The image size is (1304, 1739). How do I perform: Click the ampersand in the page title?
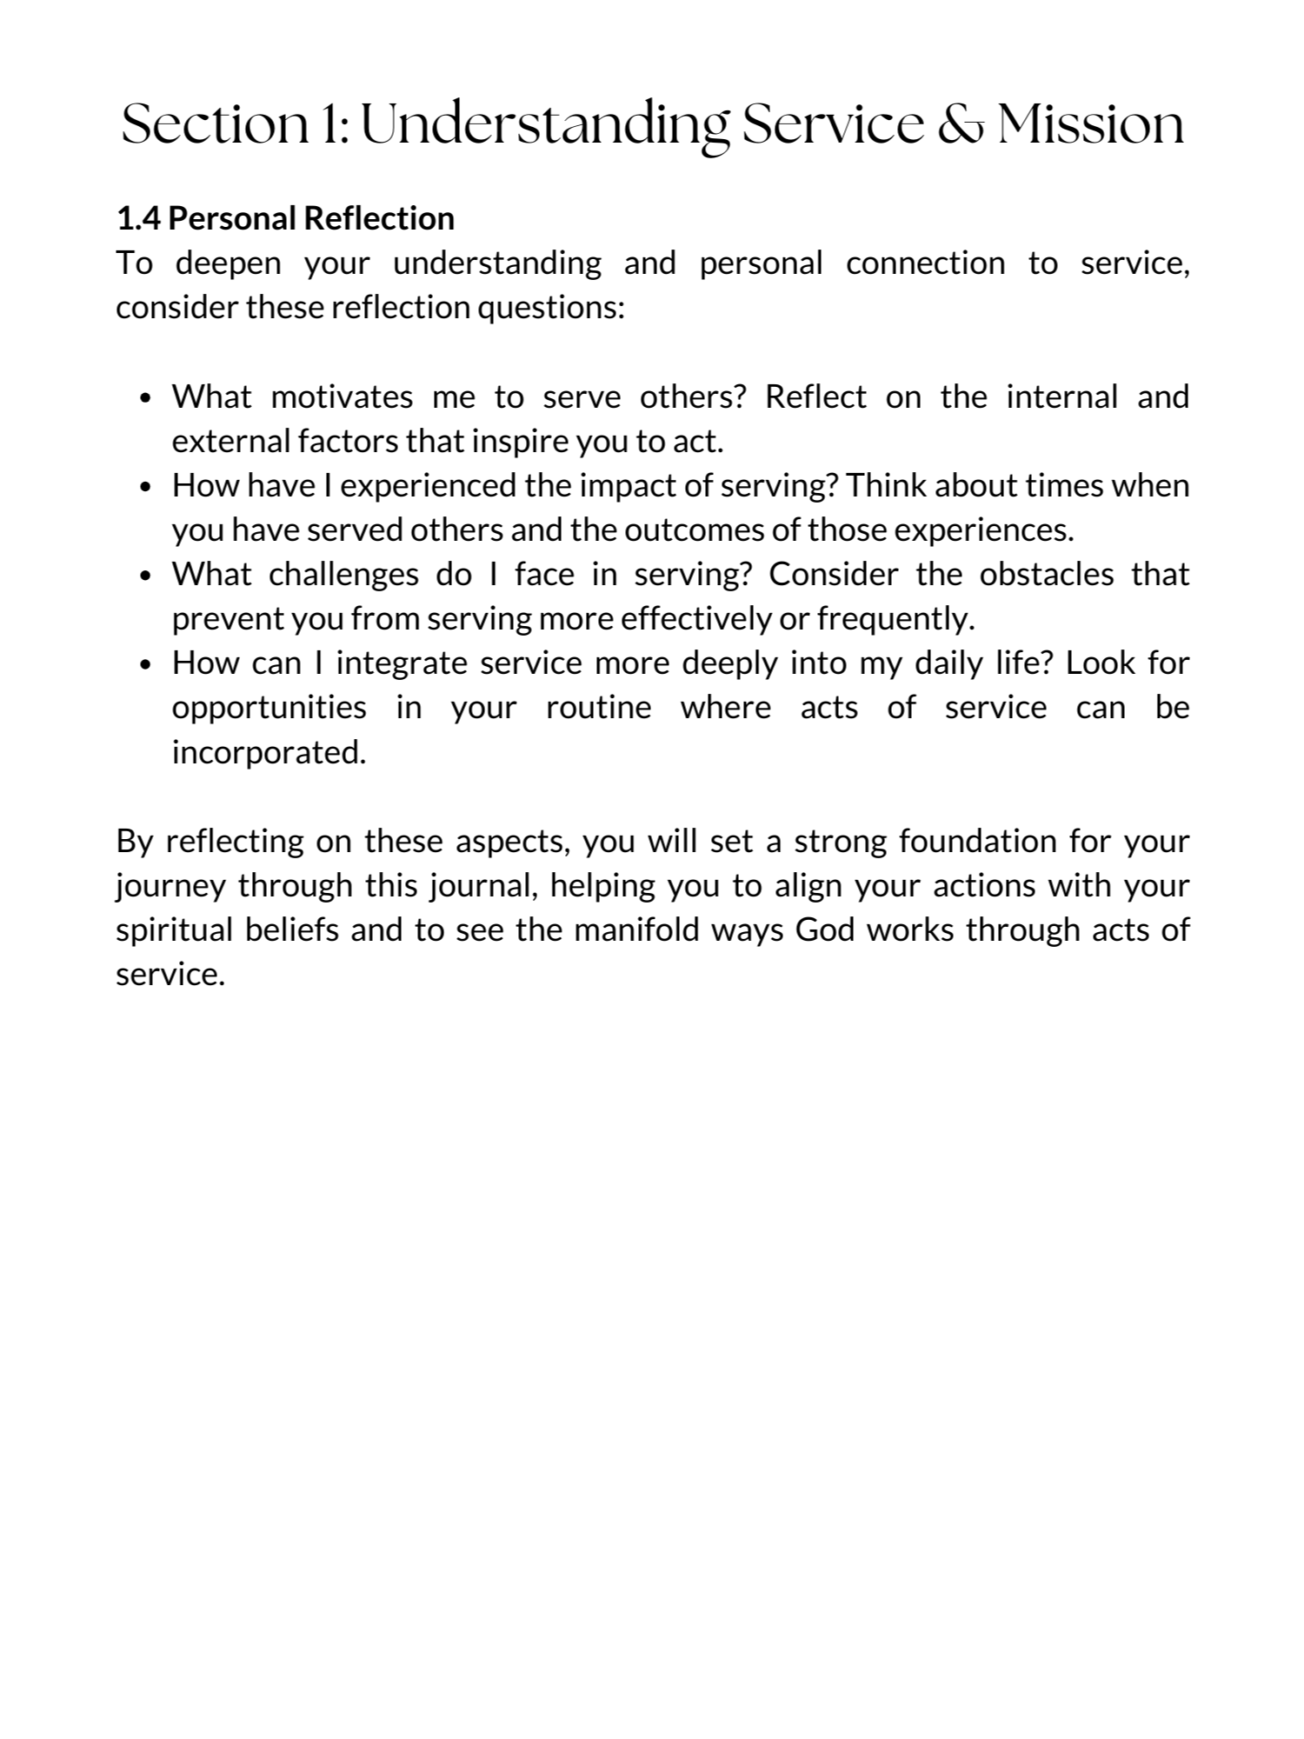[961, 124]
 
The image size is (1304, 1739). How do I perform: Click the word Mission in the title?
[1091, 124]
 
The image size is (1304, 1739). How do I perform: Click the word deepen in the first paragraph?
[229, 263]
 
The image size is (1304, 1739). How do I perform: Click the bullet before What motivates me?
[146, 399]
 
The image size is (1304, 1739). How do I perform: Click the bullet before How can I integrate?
[146, 665]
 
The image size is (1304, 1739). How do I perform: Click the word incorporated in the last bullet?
[269, 752]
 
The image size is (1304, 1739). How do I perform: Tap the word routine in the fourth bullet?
[598, 708]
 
